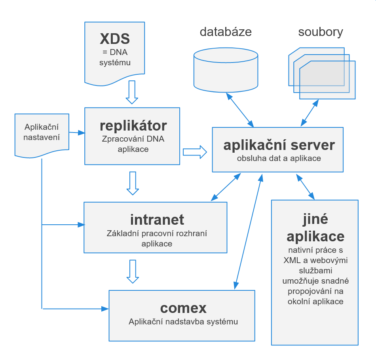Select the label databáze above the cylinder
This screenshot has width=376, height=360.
(226, 32)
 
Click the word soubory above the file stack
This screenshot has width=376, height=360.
(321, 32)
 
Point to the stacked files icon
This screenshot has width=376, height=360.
(321, 73)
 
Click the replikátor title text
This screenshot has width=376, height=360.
(133, 126)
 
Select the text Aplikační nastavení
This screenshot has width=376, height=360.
(42, 132)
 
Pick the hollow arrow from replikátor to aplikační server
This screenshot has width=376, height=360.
(195, 152)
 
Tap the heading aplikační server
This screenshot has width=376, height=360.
(279, 145)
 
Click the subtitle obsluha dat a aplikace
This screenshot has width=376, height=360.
(279, 158)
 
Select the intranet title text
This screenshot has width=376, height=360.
(157, 219)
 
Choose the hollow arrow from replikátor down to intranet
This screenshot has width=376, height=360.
(133, 183)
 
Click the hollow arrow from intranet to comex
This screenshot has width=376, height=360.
(133, 271)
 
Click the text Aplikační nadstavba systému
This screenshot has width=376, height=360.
(183, 322)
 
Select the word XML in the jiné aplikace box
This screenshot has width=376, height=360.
(292, 260)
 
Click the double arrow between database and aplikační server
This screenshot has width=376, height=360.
(239, 110)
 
